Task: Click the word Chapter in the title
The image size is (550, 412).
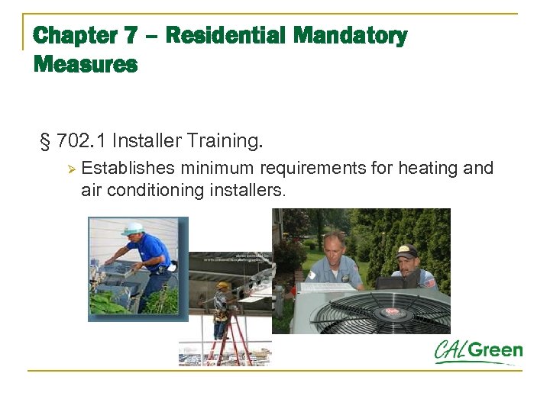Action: point(76,36)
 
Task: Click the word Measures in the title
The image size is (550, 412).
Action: point(86,65)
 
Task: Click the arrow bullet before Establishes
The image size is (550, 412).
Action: point(70,169)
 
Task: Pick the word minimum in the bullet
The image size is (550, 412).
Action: point(218,168)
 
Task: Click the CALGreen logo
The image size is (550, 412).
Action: point(479,352)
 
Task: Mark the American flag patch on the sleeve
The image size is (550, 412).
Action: point(432,283)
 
